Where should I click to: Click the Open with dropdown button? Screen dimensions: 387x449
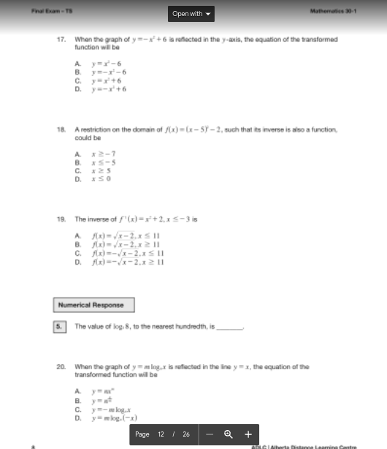192,13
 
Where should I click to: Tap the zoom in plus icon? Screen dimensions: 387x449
248,434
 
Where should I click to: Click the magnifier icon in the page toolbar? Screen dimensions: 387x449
229,434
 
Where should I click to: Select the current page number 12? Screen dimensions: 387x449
161,434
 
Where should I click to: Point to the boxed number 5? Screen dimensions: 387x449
59,326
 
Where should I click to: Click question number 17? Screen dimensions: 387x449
61,39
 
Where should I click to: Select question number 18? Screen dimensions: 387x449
61,129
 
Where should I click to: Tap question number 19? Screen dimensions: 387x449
61,219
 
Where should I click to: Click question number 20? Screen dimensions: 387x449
61,366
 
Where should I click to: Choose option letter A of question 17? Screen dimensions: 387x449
77,63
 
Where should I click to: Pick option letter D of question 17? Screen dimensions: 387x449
77,89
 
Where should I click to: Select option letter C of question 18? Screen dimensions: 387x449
77,170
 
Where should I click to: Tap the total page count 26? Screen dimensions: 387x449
186,434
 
